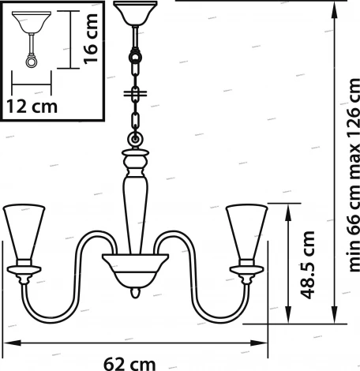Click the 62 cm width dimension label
click(x=129, y=364)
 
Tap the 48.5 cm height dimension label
click(x=307, y=265)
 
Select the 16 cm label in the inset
click(x=91, y=39)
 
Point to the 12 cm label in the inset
click(x=32, y=107)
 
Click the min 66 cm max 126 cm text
click(x=354, y=175)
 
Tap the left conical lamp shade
click(x=24, y=231)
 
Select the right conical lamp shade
click(x=247, y=231)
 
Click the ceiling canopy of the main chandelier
click(x=135, y=13)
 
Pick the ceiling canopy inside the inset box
click(x=32, y=22)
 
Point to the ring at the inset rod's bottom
click(x=32, y=62)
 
